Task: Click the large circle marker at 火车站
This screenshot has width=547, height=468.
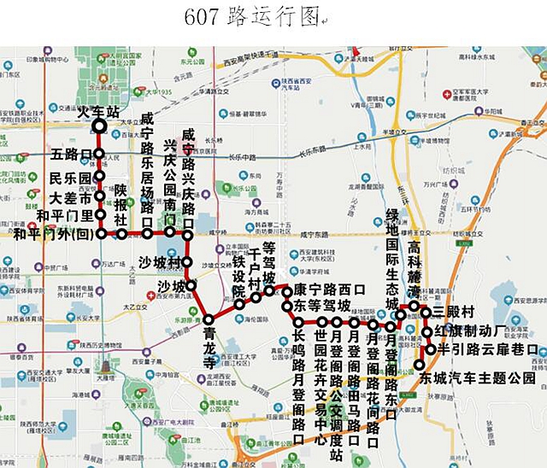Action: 99,126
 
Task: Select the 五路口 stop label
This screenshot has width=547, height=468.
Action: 71,155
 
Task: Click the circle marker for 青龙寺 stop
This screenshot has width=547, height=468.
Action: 208,320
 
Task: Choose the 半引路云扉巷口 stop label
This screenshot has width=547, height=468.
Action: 487,349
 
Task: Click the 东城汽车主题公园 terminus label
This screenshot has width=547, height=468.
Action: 477,377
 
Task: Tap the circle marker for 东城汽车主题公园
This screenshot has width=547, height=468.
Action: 416,366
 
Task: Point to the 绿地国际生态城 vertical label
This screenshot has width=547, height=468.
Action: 392,252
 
